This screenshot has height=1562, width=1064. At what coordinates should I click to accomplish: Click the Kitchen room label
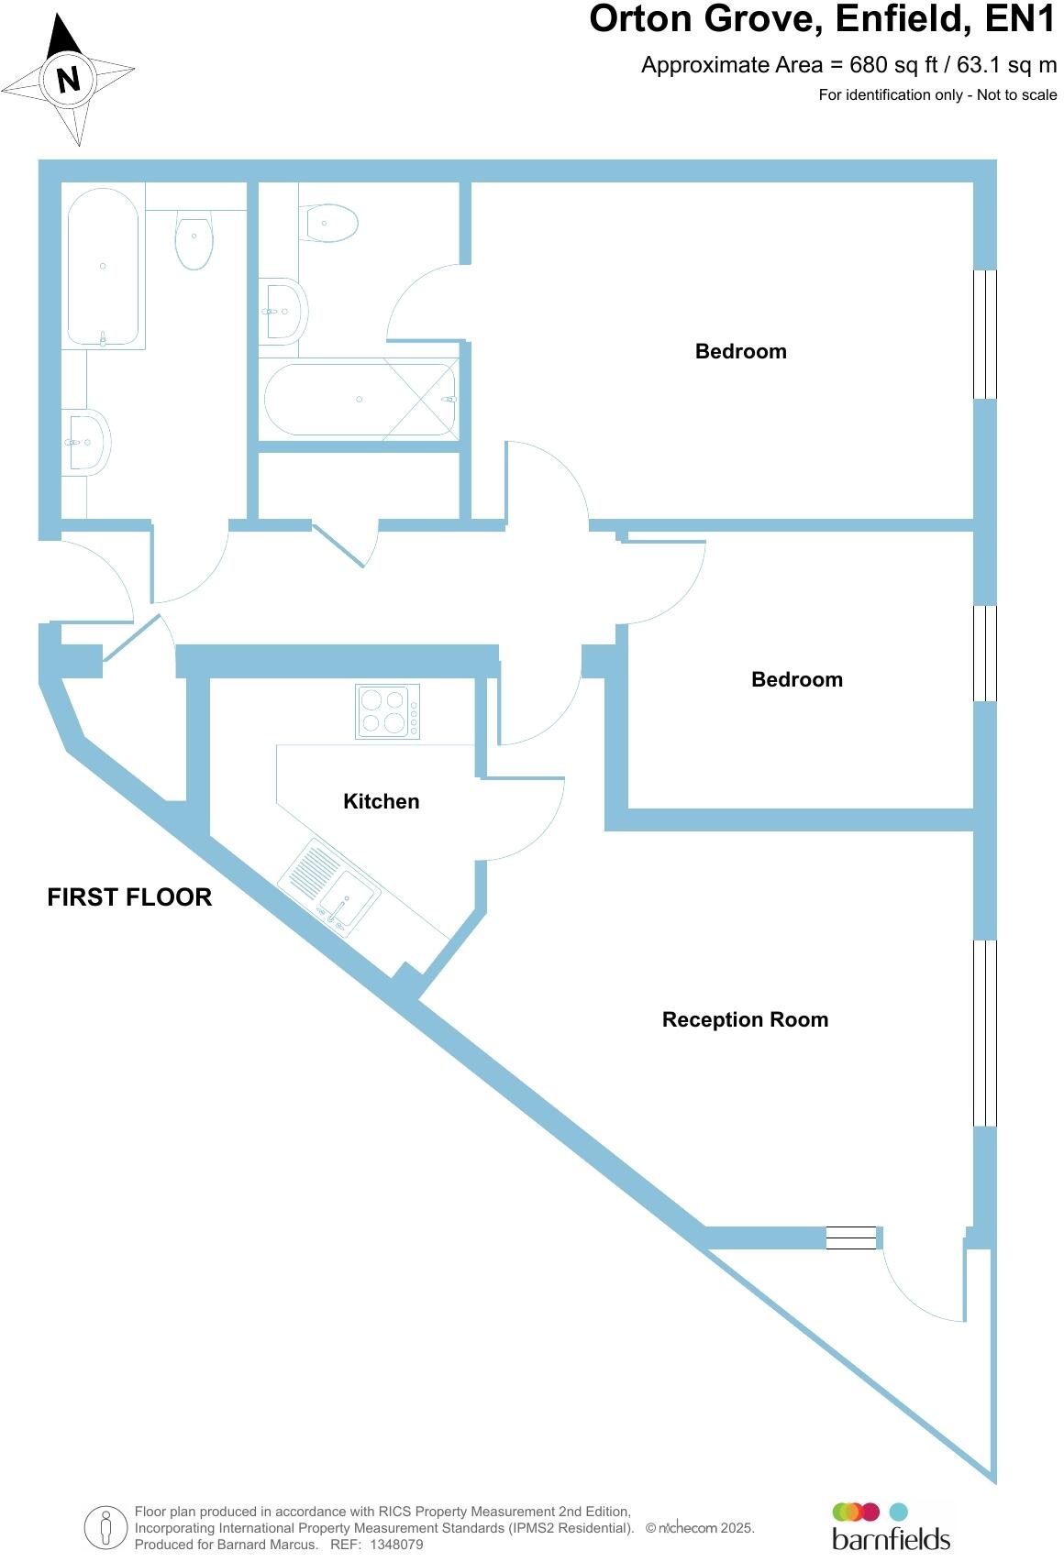[381, 801]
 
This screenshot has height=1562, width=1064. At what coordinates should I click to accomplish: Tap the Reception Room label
[745, 1019]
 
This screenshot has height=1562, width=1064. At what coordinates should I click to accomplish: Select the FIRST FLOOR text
[129, 896]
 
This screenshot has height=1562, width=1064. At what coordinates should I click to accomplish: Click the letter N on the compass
[68, 80]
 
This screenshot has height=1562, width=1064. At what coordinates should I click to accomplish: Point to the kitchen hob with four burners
[387, 711]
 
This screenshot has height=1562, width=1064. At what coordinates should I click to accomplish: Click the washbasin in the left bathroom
[88, 442]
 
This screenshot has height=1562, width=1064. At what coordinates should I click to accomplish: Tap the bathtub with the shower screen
[360, 400]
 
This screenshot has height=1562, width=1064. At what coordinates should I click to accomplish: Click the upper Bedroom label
[740, 351]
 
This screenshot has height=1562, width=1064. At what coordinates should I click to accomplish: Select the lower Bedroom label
[796, 679]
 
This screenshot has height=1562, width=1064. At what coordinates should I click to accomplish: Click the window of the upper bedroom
[984, 334]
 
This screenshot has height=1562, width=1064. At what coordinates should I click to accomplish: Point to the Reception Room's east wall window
[984, 1032]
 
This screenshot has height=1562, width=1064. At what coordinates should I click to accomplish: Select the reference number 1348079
[396, 1545]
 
